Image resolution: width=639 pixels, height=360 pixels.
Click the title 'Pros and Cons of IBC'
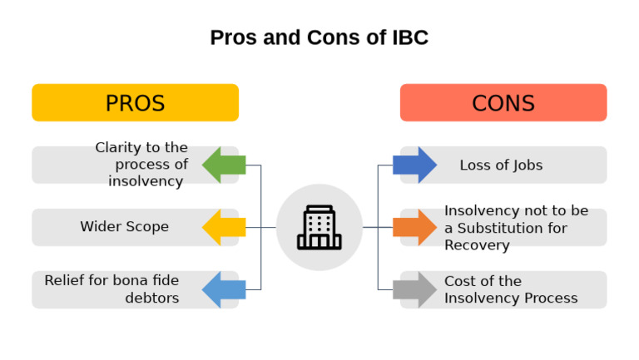[x=319, y=38]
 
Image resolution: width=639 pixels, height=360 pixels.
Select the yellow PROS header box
[x=135, y=103]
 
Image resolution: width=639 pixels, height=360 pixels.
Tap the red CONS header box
[x=503, y=103]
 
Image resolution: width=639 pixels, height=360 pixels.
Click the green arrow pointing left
[x=222, y=165]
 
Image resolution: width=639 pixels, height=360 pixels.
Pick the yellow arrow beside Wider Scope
[x=222, y=227]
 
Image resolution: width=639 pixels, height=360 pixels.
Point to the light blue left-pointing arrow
[x=222, y=289]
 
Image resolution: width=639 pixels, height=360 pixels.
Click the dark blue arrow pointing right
[x=416, y=165]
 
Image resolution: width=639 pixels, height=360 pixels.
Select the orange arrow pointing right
[x=416, y=227]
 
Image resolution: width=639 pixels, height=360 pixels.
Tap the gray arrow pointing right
[x=416, y=289]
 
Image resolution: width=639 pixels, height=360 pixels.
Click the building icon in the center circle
[x=319, y=228]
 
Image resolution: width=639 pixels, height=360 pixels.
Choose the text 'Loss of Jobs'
[x=501, y=165]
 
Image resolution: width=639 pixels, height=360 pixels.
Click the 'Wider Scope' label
[x=124, y=227]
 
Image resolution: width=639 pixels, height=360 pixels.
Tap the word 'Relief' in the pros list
[x=65, y=281]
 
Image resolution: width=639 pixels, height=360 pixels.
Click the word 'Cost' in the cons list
[x=460, y=281]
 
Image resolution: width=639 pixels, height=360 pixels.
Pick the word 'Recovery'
[x=477, y=245]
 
